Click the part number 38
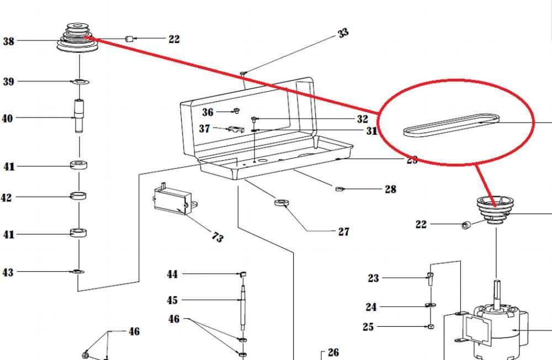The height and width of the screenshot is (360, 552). [9, 41]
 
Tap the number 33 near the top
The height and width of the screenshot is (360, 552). [343, 33]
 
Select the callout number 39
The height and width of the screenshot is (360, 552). [8, 82]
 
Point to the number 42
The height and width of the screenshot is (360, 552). [6, 197]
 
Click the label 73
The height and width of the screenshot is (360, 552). [217, 237]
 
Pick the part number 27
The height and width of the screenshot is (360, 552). [344, 232]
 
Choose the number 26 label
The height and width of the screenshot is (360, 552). [333, 352]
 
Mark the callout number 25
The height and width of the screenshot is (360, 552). [368, 327]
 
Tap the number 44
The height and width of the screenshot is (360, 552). [173, 274]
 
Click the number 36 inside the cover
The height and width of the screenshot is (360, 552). [208, 113]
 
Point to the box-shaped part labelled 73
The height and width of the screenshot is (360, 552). [172, 199]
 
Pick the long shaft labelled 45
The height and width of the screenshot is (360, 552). [242, 306]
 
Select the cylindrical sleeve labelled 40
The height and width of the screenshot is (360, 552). [79, 115]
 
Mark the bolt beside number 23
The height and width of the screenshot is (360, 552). [431, 274]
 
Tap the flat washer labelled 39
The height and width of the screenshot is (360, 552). [81, 83]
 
